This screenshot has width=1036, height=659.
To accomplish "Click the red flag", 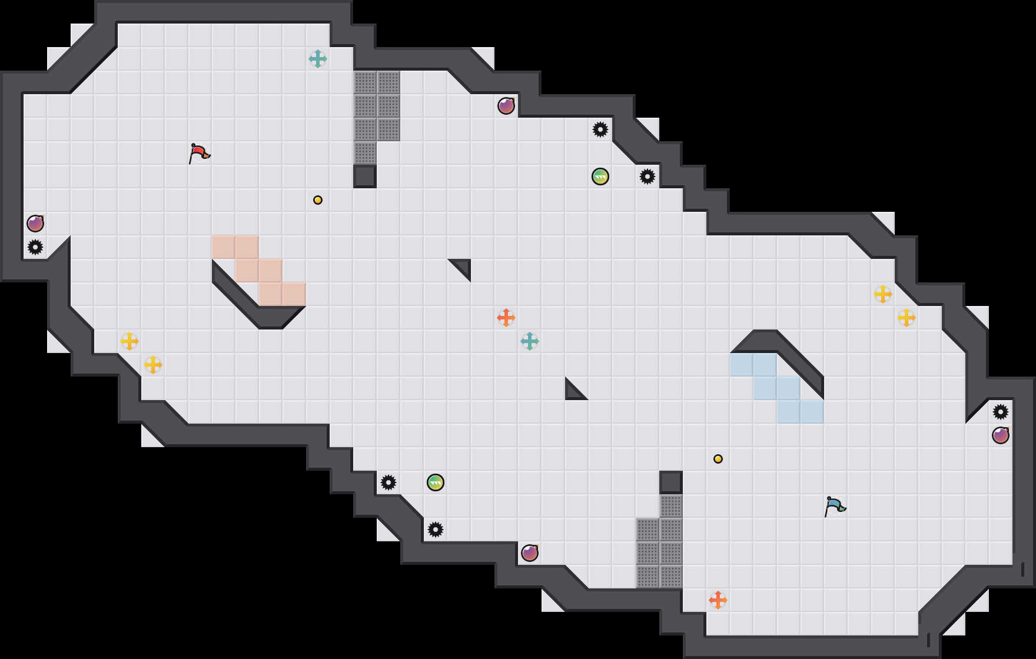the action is pyautogui.click(x=199, y=153).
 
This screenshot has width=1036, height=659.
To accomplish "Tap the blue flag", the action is pyautogui.click(x=835, y=506).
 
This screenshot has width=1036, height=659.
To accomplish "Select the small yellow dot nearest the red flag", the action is pyautogui.click(x=318, y=200).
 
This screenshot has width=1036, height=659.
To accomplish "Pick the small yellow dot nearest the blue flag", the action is pyautogui.click(x=718, y=459).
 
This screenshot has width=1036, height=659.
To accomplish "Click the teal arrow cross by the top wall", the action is pyautogui.click(x=318, y=59).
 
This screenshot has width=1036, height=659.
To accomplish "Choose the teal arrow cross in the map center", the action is pyautogui.click(x=530, y=341).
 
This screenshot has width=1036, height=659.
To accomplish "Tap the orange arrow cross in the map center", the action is pyautogui.click(x=506, y=318).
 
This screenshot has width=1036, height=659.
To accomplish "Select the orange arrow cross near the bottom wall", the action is pyautogui.click(x=718, y=600).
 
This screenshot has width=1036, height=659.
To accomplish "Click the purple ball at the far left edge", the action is pyautogui.click(x=35, y=224).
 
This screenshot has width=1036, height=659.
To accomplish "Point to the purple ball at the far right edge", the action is pyautogui.click(x=1001, y=435).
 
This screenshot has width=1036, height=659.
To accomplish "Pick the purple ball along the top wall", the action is pyautogui.click(x=506, y=106).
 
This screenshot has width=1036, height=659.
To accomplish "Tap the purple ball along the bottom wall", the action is pyautogui.click(x=530, y=553).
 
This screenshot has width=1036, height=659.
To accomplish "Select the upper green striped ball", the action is pyautogui.click(x=600, y=177).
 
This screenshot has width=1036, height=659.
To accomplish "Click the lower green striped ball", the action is pyautogui.click(x=436, y=482).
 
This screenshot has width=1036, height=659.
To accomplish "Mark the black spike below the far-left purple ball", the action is pyautogui.click(x=35, y=247).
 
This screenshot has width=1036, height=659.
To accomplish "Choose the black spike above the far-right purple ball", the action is pyautogui.click(x=1001, y=412).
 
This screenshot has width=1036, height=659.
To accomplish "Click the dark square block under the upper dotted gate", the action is pyautogui.click(x=365, y=177).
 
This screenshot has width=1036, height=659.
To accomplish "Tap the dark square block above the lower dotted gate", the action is pyautogui.click(x=671, y=482).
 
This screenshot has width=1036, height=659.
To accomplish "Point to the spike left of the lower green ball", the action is pyautogui.click(x=388, y=482).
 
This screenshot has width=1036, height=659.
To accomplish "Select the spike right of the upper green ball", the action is pyautogui.click(x=647, y=177).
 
